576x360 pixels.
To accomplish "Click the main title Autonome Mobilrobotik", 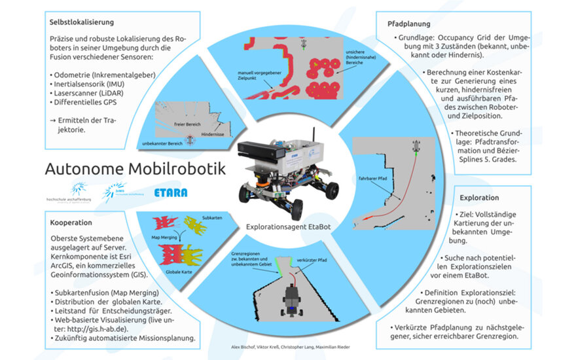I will [135, 169].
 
